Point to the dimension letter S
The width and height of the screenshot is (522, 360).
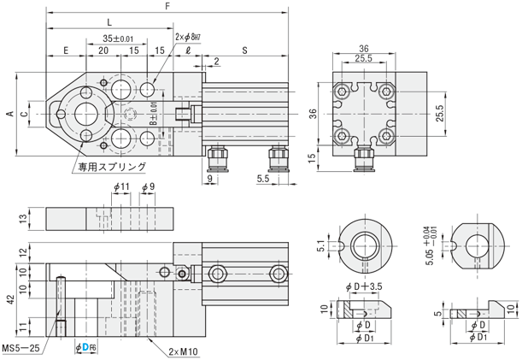click(x=245, y=51)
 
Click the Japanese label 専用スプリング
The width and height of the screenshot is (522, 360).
click(x=111, y=168)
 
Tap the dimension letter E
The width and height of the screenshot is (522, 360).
click(x=66, y=51)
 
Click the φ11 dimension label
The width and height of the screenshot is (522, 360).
click(x=120, y=187)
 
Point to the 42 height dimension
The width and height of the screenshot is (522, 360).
click(x=8, y=300)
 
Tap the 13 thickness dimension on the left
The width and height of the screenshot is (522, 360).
click(x=24, y=218)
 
